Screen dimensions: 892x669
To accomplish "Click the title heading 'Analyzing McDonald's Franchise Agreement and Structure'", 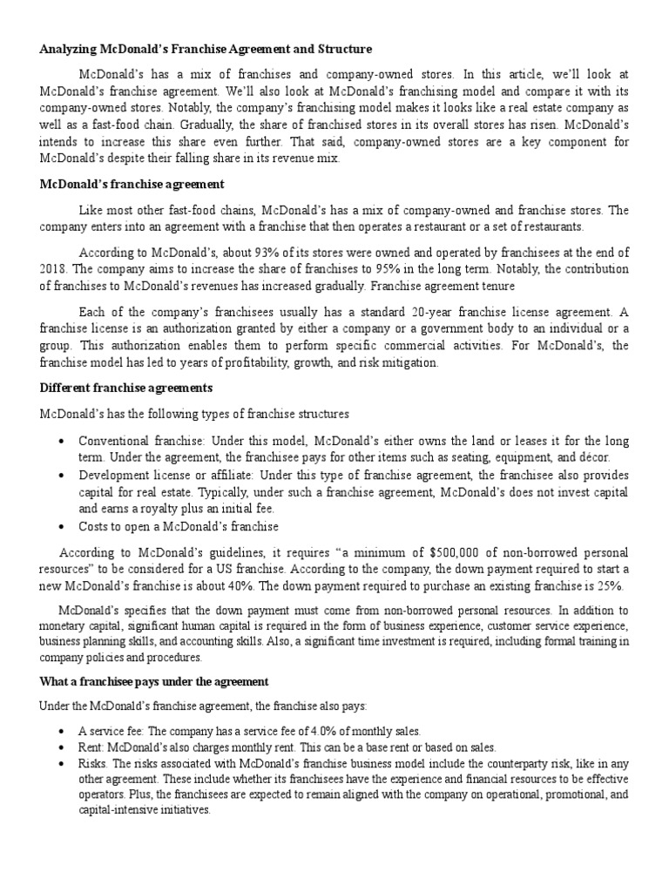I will [x=206, y=49].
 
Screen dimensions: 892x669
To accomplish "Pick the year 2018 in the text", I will [x=53, y=268].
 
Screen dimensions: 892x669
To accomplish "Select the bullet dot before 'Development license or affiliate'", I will [x=60, y=476].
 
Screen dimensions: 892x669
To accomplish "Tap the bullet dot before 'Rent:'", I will [x=60, y=747].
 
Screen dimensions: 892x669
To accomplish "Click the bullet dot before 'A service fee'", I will [x=60, y=732].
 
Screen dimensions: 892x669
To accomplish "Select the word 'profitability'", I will [x=268, y=362].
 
